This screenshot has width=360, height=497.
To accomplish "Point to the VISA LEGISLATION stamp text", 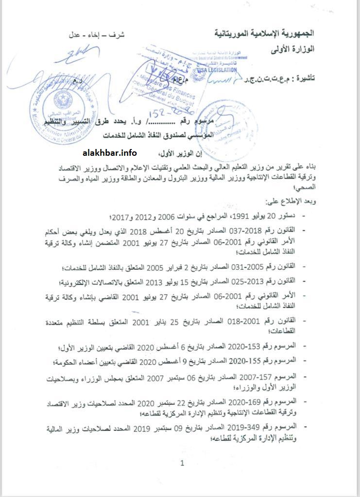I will pos(215,70).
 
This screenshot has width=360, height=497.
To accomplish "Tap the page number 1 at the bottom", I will pos(182,463).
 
